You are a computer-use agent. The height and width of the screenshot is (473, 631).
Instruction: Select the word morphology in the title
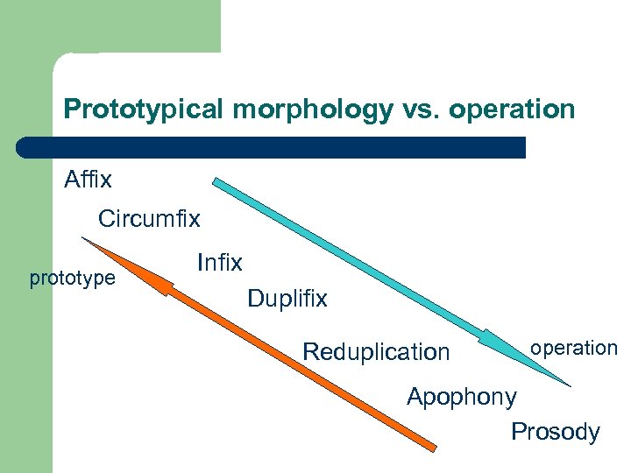point(303,109)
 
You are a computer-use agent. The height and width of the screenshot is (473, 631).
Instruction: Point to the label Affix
point(89,180)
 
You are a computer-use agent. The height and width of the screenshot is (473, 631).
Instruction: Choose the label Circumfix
point(149,218)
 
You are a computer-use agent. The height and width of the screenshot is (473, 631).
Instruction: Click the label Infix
point(220,261)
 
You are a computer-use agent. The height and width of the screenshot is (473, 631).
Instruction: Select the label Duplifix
point(287,299)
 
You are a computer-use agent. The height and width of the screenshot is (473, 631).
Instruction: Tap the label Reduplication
point(375,352)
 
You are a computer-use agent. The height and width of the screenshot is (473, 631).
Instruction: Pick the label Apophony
point(462,397)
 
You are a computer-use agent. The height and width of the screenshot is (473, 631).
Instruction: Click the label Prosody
point(556,432)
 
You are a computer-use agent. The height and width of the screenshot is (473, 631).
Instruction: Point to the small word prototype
point(72,279)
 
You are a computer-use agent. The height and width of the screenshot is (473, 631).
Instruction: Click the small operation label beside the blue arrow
point(573,348)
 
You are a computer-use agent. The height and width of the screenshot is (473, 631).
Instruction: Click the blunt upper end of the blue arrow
point(217,183)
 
